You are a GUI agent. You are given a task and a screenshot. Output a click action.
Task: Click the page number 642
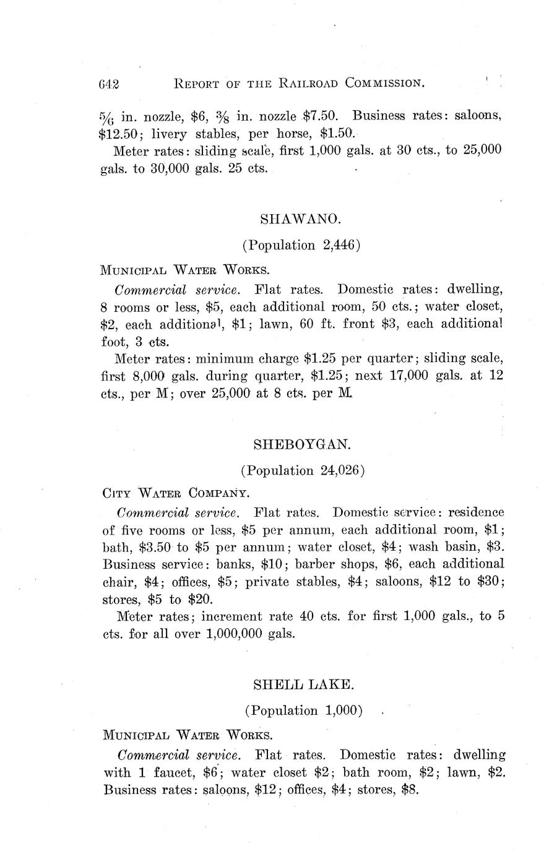[108, 84]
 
